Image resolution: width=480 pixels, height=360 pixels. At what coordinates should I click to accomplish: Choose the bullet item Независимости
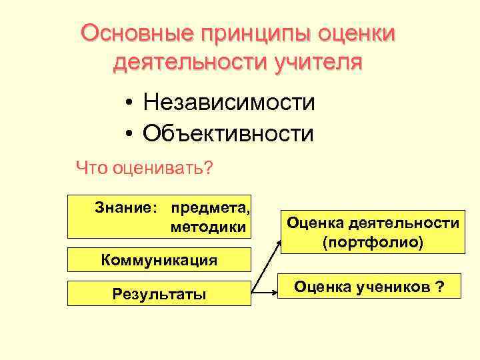point(229,103)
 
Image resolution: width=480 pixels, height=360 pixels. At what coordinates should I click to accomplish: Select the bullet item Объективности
point(228,133)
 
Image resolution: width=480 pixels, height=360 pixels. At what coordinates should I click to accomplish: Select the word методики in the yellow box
point(208,227)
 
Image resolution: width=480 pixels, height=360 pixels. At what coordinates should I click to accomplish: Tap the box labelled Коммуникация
point(159,259)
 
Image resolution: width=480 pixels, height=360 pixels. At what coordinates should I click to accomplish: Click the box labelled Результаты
point(159,293)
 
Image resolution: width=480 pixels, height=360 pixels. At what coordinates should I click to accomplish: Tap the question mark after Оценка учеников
point(440,287)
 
